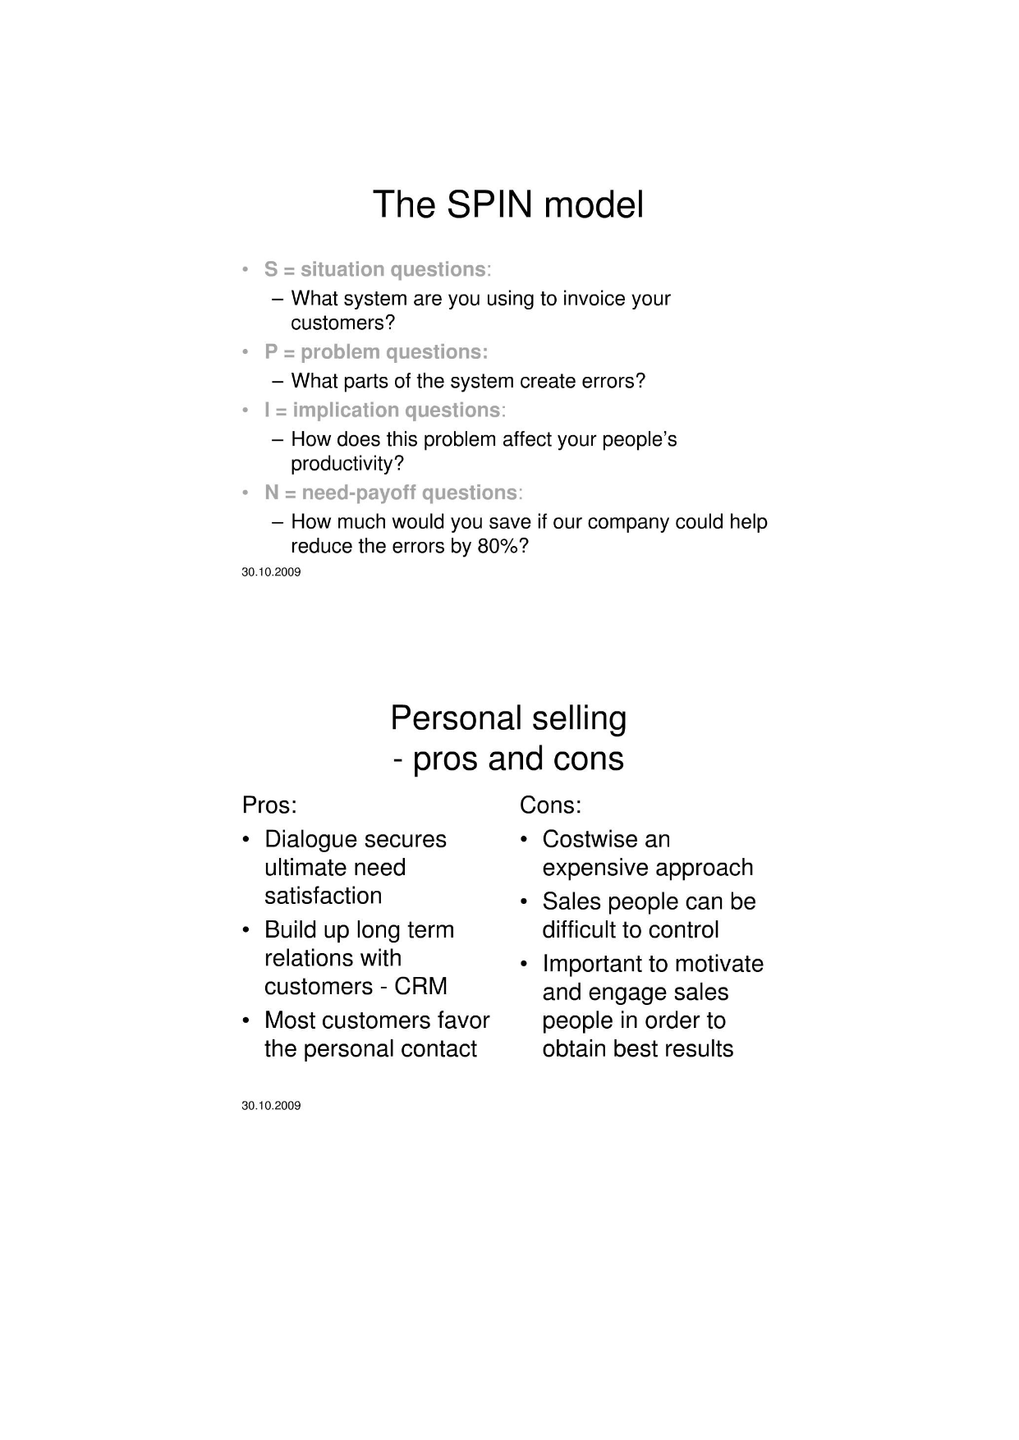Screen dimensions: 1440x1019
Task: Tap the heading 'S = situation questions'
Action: coord(374,269)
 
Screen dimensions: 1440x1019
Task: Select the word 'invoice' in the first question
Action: coord(594,298)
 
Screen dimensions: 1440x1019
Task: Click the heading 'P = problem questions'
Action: coord(375,352)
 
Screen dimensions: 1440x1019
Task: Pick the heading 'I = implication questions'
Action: coord(382,410)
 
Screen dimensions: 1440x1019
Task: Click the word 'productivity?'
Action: coord(347,464)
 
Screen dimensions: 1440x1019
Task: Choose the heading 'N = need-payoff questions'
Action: coord(390,493)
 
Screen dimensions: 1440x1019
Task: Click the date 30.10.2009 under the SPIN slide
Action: coord(271,572)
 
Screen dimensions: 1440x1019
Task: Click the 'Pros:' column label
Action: coord(269,805)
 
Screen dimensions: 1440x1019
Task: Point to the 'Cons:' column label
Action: coord(550,805)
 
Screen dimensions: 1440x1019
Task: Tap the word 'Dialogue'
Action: coord(310,839)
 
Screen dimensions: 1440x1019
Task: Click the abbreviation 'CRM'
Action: coord(420,986)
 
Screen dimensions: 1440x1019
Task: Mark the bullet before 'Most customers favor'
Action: coord(246,1020)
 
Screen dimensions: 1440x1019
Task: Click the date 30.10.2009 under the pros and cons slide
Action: coord(271,1106)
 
